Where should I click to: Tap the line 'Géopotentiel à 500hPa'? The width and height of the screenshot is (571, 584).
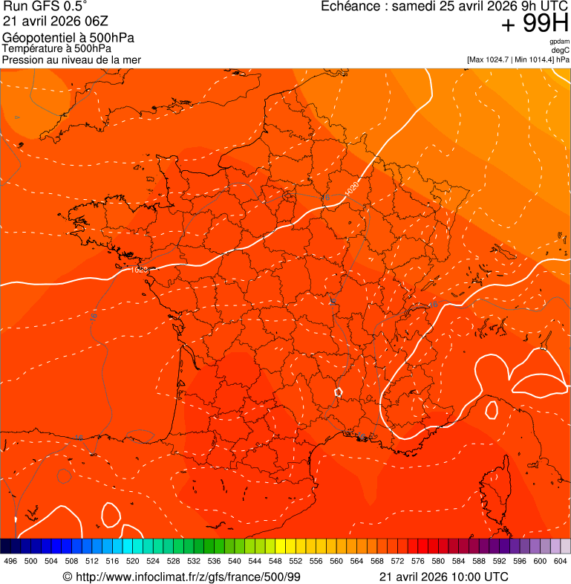[68, 38]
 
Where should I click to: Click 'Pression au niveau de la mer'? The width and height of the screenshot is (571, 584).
[71, 59]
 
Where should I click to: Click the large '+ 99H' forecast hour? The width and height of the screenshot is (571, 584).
[535, 24]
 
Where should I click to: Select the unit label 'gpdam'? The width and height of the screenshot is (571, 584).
[559, 42]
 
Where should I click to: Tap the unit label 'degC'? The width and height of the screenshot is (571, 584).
[561, 50]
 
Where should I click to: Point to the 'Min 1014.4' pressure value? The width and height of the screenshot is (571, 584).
[534, 59]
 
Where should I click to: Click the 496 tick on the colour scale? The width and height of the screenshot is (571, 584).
[10, 562]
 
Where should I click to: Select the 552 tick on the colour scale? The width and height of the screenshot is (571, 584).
[296, 562]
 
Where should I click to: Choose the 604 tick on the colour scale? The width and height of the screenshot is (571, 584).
[561, 562]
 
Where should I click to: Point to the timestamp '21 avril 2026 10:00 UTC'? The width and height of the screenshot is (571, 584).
[444, 577]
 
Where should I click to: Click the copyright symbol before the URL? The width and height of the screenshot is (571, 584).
[67, 577]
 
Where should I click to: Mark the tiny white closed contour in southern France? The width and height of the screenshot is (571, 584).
[339, 391]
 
